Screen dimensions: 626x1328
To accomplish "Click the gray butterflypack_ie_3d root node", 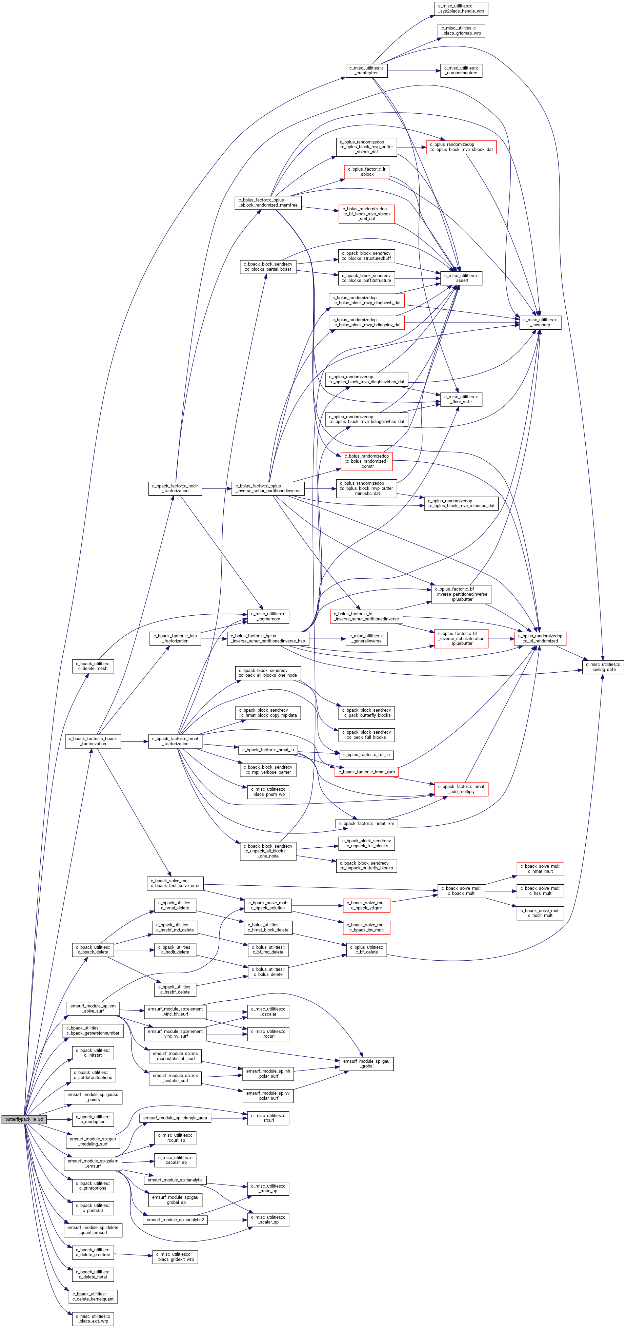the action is [24, 1119].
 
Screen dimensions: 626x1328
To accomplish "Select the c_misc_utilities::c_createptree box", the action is [366, 71].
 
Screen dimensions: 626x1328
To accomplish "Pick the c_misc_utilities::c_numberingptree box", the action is [461, 71].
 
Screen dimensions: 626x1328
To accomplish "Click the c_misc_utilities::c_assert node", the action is [461, 278].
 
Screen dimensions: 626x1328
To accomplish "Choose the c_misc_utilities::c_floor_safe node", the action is [461, 400].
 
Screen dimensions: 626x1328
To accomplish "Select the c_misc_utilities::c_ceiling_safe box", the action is [603, 667].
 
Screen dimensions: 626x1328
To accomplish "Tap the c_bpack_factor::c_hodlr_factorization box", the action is [175, 488].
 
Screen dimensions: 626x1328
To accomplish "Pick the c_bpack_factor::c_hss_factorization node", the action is [175, 638].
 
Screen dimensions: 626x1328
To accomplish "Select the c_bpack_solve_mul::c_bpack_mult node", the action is [461, 891].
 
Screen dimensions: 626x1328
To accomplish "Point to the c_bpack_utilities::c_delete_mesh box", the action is [93, 666].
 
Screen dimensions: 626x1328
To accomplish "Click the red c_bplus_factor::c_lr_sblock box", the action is [366, 172].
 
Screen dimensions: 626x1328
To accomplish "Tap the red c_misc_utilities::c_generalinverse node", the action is [366, 638].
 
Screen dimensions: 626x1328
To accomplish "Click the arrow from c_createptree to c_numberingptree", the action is [414, 71].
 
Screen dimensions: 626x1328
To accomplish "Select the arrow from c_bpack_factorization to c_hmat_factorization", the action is [135, 741].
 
